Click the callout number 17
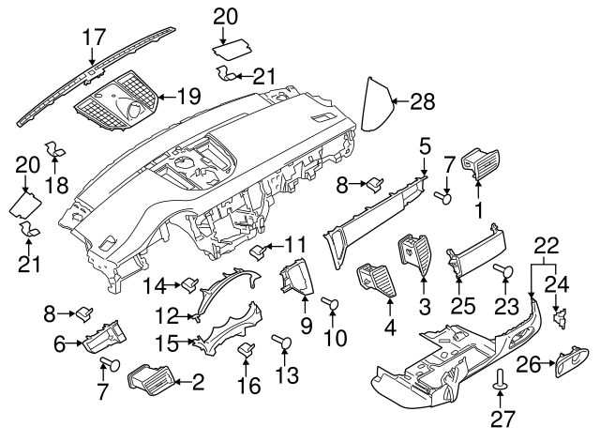tap(93, 38)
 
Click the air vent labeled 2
tap(146, 381)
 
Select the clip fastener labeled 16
tap(247, 350)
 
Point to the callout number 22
tap(547, 247)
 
